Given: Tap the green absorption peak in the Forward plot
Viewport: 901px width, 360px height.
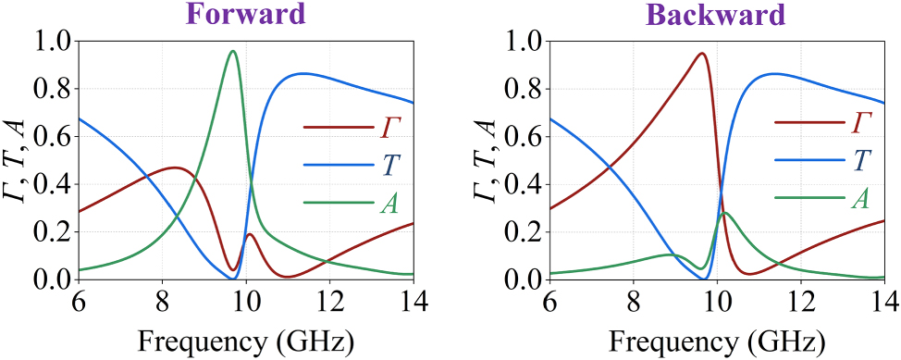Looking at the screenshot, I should tap(233, 52).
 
